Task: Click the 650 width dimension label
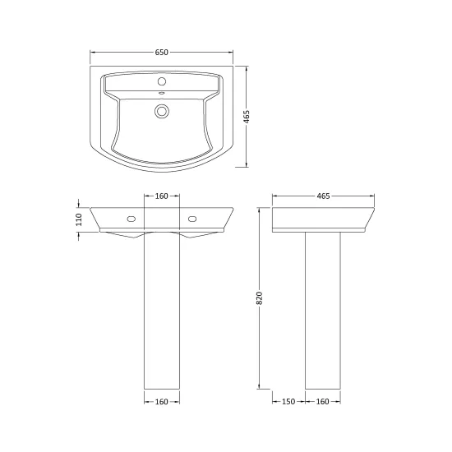(x=161, y=52)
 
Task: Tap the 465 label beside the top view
(x=247, y=117)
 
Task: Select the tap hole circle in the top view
(x=162, y=81)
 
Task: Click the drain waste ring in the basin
(x=162, y=111)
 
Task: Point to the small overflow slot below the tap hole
(x=162, y=93)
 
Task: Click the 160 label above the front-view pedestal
(x=161, y=196)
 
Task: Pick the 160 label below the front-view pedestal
(x=161, y=402)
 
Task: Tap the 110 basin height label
(x=79, y=219)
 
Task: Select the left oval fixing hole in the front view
(x=131, y=219)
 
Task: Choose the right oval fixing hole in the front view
(x=192, y=219)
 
